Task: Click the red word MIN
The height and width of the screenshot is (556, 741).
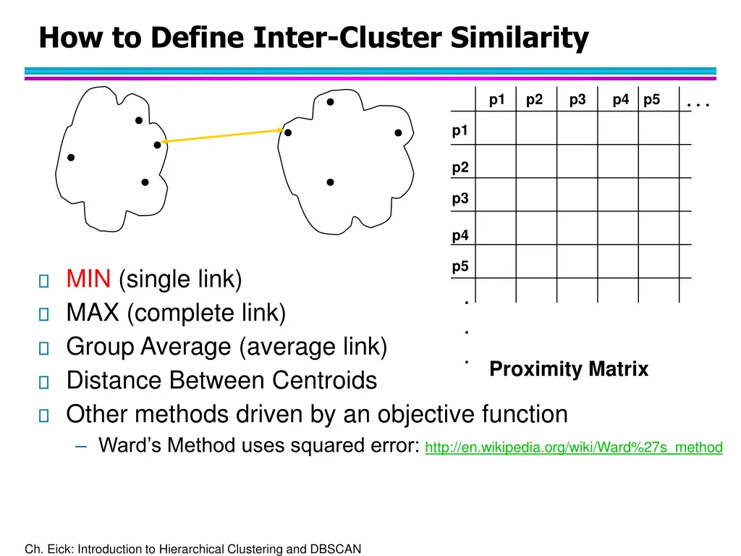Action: coord(88,279)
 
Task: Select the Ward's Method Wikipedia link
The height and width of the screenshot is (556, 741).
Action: coord(574,447)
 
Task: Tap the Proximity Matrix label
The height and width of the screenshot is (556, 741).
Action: coord(569,369)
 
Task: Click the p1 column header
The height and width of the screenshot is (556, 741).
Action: coord(496,101)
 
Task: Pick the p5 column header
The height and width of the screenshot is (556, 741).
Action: coord(651,101)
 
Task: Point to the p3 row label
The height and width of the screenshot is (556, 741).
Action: coord(460,198)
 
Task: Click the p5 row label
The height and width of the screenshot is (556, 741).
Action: coord(460,266)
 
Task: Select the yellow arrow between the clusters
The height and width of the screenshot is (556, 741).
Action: coord(222,136)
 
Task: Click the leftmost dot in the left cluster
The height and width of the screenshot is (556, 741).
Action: coord(71,157)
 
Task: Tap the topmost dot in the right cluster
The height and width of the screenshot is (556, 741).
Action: coord(329,102)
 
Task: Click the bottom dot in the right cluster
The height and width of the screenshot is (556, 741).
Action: coord(330,182)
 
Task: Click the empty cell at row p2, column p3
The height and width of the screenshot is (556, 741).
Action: coord(577,161)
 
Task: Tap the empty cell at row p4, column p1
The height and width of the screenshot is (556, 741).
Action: coord(496,228)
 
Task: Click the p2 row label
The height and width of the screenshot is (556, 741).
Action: coord(460,167)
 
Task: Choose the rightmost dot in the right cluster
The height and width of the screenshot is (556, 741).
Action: coord(398,132)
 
